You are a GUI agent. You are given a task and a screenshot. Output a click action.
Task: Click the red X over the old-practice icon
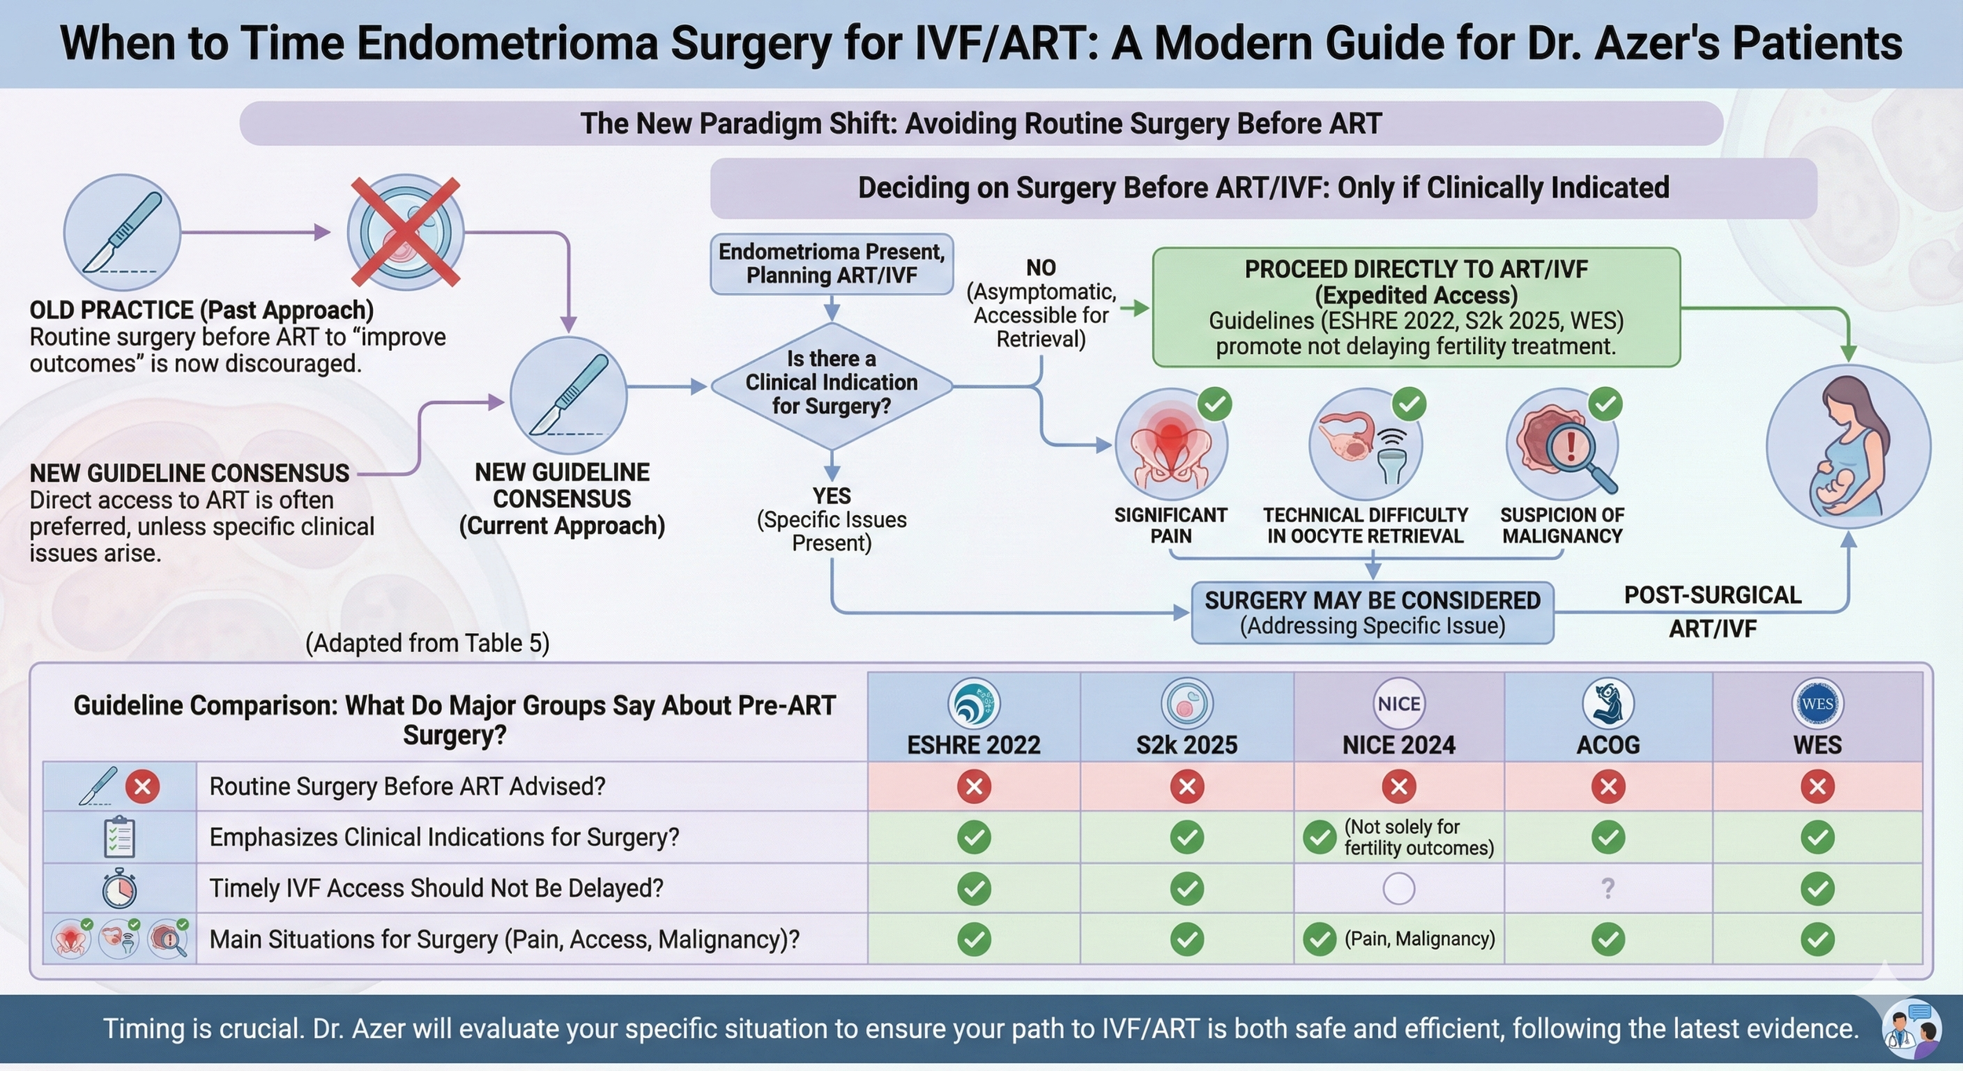point(405,232)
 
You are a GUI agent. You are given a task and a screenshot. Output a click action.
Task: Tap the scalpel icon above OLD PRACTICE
point(122,232)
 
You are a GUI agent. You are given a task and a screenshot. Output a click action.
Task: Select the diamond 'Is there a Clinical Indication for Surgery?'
point(832,382)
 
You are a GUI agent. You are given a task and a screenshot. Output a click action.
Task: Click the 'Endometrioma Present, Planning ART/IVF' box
point(832,264)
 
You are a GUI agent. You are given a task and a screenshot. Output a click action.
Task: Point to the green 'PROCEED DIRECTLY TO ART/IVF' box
point(1416,307)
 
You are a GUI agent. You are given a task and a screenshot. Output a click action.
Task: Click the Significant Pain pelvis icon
point(1171,445)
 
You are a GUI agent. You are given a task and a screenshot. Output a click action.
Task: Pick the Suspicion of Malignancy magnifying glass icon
point(1563,445)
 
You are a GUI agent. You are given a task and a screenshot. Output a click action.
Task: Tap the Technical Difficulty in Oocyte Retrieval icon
point(1365,445)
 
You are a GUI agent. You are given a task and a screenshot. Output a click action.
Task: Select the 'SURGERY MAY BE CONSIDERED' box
point(1372,612)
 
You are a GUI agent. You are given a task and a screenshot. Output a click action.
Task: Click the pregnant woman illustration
point(1848,447)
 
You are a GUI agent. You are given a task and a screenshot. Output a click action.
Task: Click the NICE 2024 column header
point(1398,744)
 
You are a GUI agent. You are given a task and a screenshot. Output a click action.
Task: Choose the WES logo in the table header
point(1817,703)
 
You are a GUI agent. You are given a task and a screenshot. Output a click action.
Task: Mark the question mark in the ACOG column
point(1607,888)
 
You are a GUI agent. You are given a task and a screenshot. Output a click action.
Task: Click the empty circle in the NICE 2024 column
point(1398,889)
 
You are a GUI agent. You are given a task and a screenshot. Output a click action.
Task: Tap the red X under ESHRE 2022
point(974,786)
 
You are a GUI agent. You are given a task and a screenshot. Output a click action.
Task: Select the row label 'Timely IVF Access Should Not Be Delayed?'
point(436,888)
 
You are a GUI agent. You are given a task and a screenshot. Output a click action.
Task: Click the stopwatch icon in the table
point(119,888)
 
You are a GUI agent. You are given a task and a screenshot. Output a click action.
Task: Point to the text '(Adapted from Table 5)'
point(427,643)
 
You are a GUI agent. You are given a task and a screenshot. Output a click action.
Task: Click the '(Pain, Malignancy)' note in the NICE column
point(1420,939)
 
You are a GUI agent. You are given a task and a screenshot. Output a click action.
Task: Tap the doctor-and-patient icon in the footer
point(1911,1028)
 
